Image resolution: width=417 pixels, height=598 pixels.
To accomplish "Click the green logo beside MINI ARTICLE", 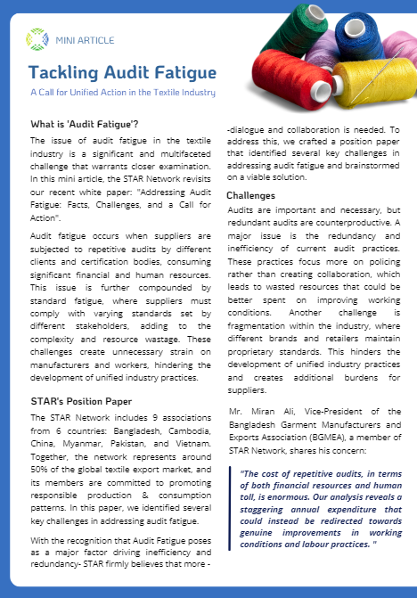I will click(37, 38).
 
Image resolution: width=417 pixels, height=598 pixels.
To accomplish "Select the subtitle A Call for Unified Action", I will click(122, 92).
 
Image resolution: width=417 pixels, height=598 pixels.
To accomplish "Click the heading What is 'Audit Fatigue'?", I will click(78, 124).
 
